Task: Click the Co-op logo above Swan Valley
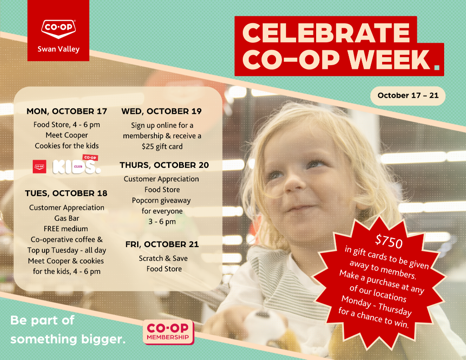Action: click(x=58, y=29)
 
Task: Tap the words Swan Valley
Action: click(x=59, y=49)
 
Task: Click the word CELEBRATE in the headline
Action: click(x=326, y=33)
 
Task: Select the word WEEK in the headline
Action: click(x=389, y=60)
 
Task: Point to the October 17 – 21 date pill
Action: click(x=408, y=96)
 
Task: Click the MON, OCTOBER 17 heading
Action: click(x=67, y=112)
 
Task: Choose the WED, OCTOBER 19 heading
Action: click(x=161, y=112)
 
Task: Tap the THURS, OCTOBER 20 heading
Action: click(x=164, y=165)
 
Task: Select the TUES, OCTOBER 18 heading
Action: click(x=66, y=193)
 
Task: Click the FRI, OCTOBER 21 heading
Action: click(x=162, y=244)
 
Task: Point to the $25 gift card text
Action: click(x=162, y=147)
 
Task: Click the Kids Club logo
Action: click(x=77, y=165)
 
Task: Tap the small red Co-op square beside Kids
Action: click(x=40, y=167)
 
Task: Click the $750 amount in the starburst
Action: click(x=389, y=242)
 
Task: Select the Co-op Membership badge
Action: click(x=169, y=332)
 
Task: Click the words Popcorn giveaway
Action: click(x=161, y=201)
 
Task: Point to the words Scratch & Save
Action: click(x=163, y=259)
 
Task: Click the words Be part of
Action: click(x=42, y=320)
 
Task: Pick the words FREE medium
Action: click(x=66, y=229)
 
